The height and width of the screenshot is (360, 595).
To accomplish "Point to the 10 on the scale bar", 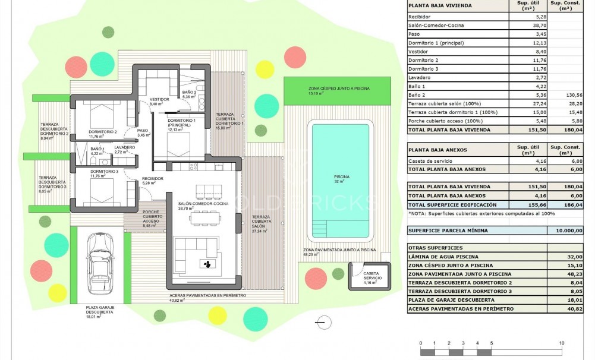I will [x=561, y=343].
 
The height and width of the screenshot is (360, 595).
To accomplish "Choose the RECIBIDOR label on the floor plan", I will [x=152, y=178].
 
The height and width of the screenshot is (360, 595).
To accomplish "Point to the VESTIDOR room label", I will [x=160, y=100].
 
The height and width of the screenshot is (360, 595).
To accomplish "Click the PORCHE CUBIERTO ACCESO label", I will [x=152, y=217].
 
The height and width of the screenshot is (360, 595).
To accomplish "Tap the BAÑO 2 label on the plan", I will [x=189, y=93].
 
